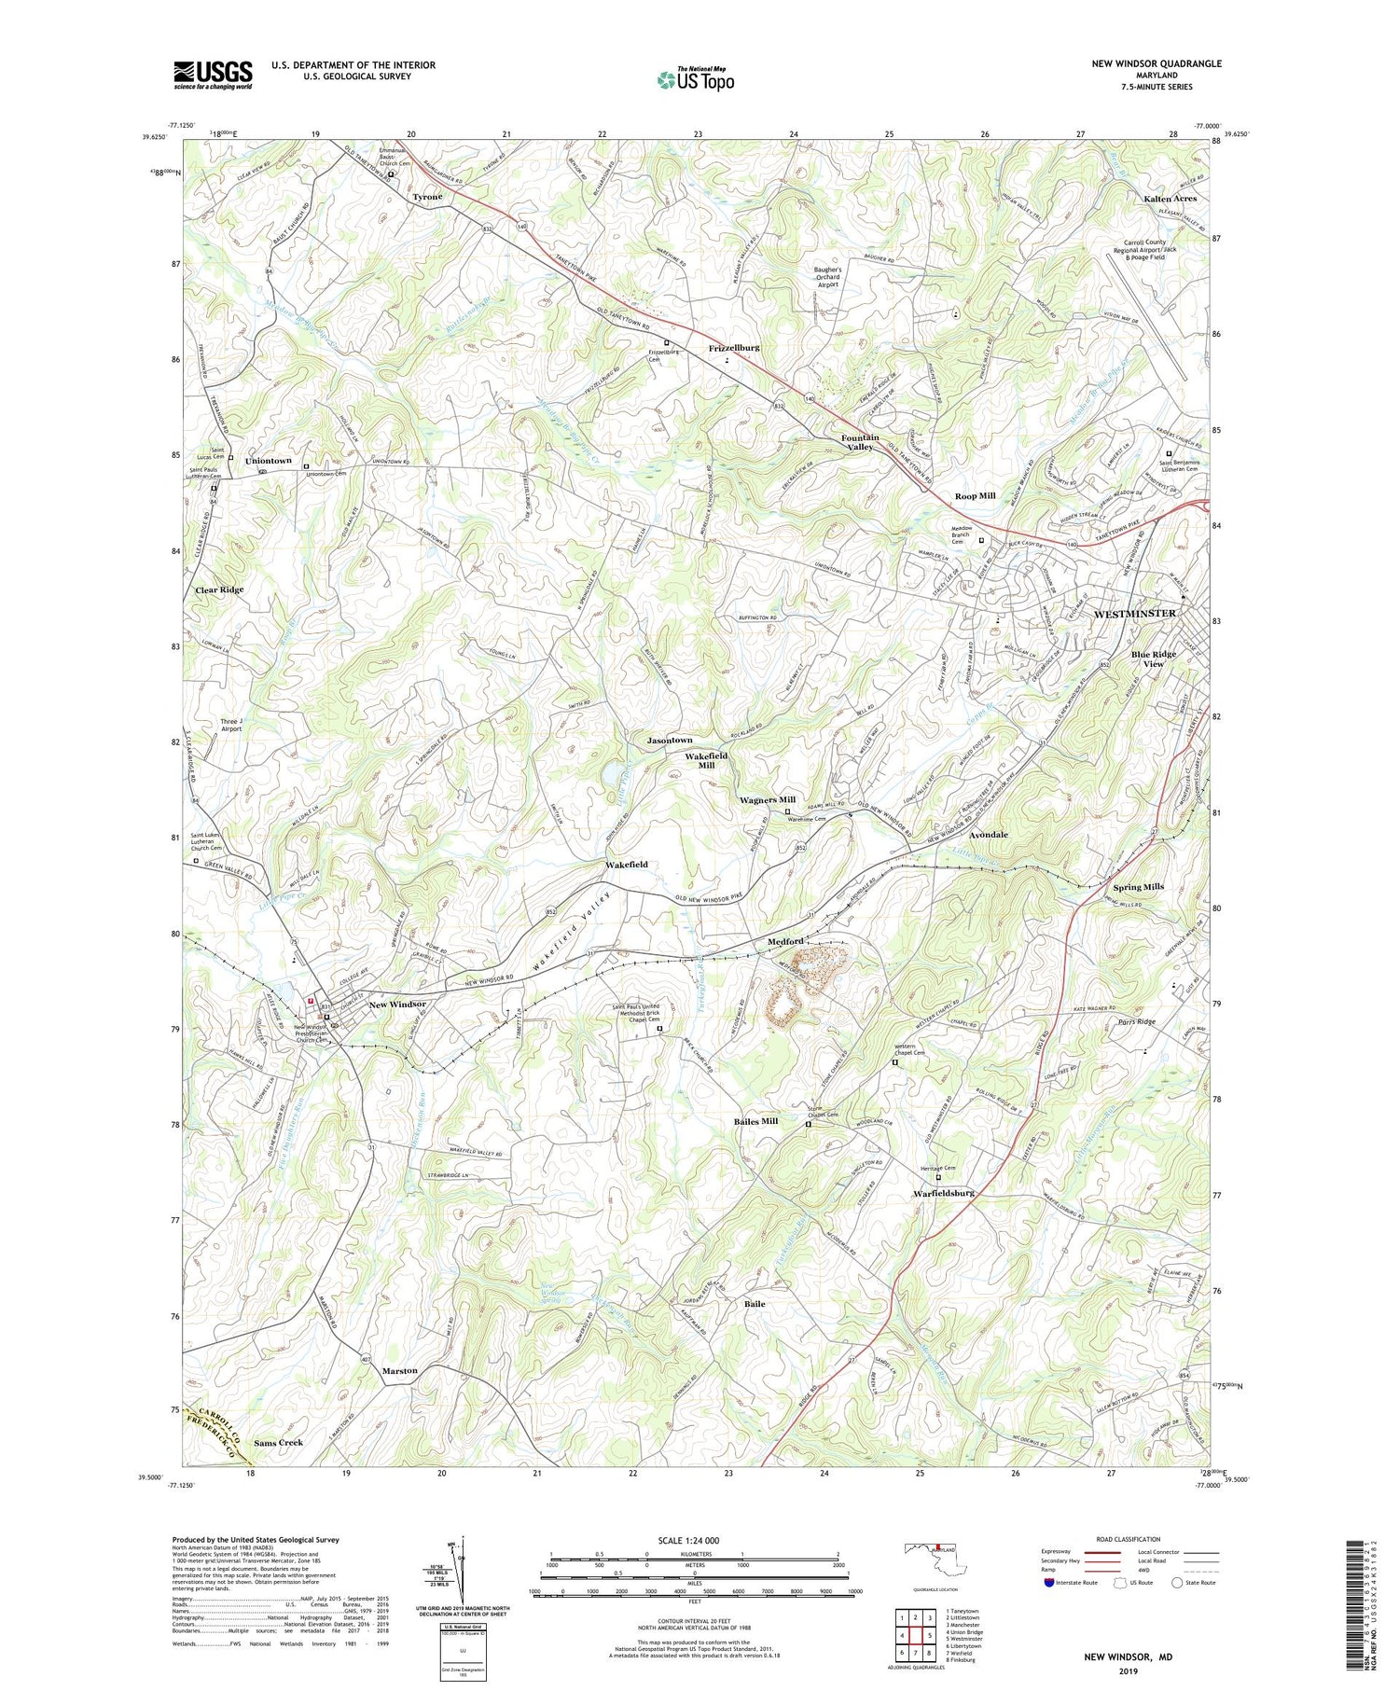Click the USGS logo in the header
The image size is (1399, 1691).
[213, 75]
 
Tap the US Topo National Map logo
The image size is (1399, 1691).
[696, 79]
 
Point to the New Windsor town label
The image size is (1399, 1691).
[397, 1005]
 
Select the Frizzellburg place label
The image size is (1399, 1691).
[734, 347]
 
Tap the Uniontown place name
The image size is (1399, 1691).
[268, 461]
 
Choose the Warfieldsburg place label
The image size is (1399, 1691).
[944, 1193]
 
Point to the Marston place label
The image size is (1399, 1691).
[399, 1370]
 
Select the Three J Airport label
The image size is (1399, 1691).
[231, 724]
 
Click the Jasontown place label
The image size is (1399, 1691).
[670, 740]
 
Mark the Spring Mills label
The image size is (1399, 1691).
[1138, 886]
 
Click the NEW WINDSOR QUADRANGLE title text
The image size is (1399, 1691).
[1157, 63]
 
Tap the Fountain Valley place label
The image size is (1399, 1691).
[858, 442]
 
